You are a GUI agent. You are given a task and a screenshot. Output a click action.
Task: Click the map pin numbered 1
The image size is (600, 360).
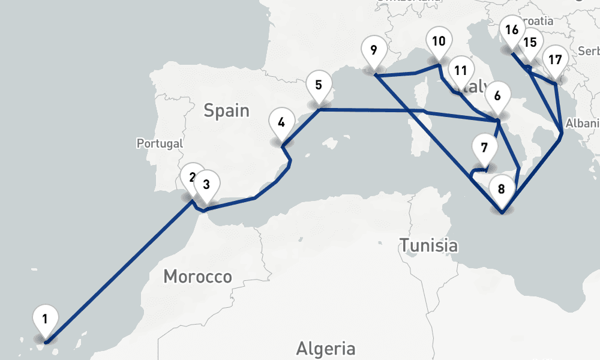46,319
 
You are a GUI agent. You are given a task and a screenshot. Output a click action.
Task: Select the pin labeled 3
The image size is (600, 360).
206,185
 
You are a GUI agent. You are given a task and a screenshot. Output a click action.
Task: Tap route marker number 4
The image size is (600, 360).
281,122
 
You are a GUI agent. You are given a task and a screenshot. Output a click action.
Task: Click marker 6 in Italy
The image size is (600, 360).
497,96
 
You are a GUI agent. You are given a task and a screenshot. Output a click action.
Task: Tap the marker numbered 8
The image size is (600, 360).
502,188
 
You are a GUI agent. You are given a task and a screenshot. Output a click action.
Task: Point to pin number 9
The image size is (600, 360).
374,50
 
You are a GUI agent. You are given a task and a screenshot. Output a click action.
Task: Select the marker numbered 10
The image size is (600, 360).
439,42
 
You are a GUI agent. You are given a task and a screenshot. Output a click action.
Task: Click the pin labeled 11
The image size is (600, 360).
460,70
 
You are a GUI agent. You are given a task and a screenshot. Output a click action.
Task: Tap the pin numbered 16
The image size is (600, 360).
512,30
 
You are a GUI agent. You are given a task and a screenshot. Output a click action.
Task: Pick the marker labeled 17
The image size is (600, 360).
555,60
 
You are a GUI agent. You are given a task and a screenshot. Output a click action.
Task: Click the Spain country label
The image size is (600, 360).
226,110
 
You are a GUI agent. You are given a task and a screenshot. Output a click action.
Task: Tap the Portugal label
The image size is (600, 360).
159,143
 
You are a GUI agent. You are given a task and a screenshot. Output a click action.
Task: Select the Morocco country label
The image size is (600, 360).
197,277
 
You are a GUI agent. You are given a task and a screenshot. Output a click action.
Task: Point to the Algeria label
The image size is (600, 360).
325,348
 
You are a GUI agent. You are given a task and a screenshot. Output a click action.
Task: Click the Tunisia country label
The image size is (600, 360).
428,245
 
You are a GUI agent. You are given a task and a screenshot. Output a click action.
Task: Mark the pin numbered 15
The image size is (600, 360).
529,43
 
